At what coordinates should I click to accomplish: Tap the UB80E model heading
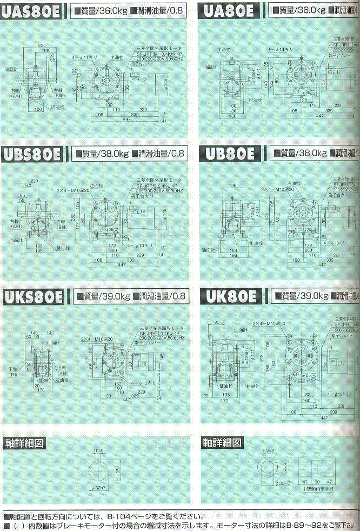pyautogui.click(x=230, y=154)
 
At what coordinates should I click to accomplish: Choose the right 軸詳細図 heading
pyautogui.click(x=222, y=442)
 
